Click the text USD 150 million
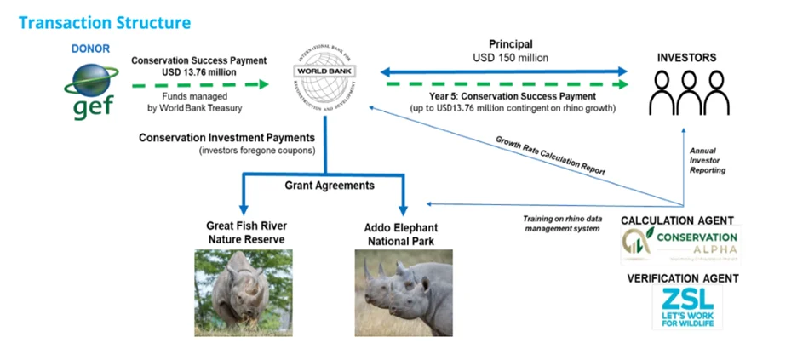(511, 57)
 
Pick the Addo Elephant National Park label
(402, 232)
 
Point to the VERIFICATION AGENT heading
(682, 277)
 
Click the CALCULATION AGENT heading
(679, 220)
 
